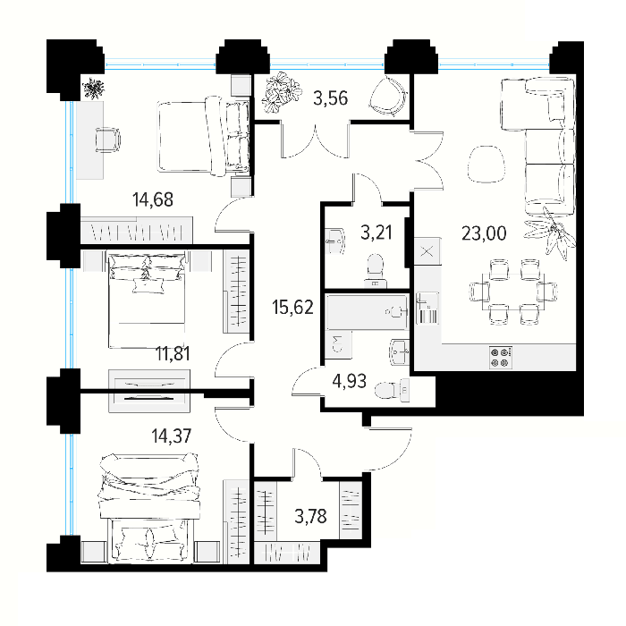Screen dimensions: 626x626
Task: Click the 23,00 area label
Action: coord(484,233)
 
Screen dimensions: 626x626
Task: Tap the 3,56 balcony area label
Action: coord(331,98)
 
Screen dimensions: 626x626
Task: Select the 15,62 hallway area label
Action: coord(292,308)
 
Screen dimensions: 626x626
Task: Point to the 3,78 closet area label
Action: coord(310,516)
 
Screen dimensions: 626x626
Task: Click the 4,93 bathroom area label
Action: coord(350,381)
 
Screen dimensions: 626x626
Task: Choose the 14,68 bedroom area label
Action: coord(153,199)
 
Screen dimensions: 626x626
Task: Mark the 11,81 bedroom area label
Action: coord(173,354)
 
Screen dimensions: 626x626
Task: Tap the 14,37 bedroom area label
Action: coord(172,436)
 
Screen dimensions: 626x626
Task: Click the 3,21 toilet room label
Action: coord(376,233)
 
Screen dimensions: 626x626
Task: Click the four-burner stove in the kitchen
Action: coord(501,358)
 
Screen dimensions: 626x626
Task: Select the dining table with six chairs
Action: coord(513,292)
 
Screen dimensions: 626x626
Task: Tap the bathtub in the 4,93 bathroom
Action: coord(368,312)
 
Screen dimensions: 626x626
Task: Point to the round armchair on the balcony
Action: coord(388,96)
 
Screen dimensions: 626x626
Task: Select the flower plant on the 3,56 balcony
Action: coord(280,93)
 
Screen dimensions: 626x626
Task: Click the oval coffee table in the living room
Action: coord(485,164)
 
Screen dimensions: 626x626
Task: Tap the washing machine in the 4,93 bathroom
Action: coord(339,344)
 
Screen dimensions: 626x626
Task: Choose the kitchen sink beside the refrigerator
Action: coord(427,308)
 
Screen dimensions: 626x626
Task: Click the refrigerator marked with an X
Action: coord(427,251)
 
